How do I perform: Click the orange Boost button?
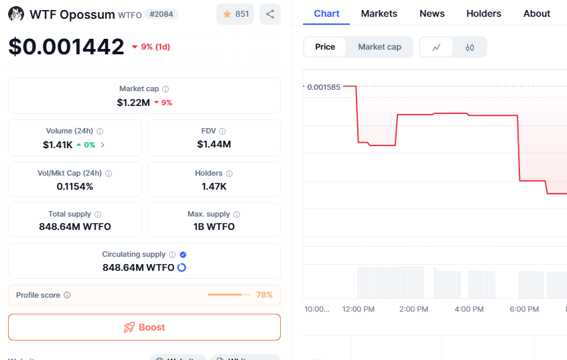coord(144,327)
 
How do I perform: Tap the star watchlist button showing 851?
coord(235,14)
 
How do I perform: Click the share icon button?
coord(269,14)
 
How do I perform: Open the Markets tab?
coord(379,13)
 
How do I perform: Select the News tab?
coord(432,13)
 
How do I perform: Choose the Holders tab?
coord(483,13)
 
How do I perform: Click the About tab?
coord(537,13)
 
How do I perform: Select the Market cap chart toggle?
coord(379,47)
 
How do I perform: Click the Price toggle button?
coord(325,47)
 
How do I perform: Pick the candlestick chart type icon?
coord(470,47)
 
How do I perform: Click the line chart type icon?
coord(436,47)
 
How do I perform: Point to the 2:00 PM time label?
coord(413,309)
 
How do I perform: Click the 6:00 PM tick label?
coord(524,309)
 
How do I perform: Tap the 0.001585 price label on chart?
coord(324,86)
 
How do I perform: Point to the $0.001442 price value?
coord(66,46)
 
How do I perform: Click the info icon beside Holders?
coord(229,174)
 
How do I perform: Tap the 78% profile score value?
coord(264,295)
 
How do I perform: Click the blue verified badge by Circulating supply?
coord(183,255)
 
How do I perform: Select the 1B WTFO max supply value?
coord(214,227)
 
